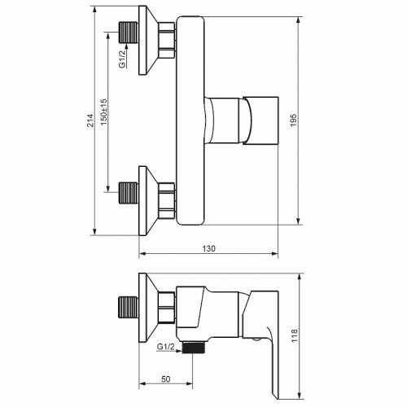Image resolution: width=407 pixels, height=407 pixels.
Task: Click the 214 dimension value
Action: pyautogui.click(x=90, y=120)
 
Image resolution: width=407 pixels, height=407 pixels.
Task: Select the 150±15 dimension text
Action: pyautogui.click(x=104, y=112)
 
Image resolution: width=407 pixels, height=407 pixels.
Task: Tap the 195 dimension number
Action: pyautogui.click(x=294, y=120)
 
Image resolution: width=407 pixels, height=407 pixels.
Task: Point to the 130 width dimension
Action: pyautogui.click(x=209, y=248)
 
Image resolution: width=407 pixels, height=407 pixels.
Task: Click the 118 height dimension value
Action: pyautogui.click(x=294, y=335)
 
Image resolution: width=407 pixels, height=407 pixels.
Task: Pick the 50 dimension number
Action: pyautogui.click(x=166, y=379)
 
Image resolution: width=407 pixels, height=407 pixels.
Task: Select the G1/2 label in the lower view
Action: pyautogui.click(x=166, y=347)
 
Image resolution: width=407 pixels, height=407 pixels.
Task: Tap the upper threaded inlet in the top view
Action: pyautogui.click(x=129, y=33)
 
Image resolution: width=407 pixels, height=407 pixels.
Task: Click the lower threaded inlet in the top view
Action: pyautogui.click(x=129, y=193)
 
